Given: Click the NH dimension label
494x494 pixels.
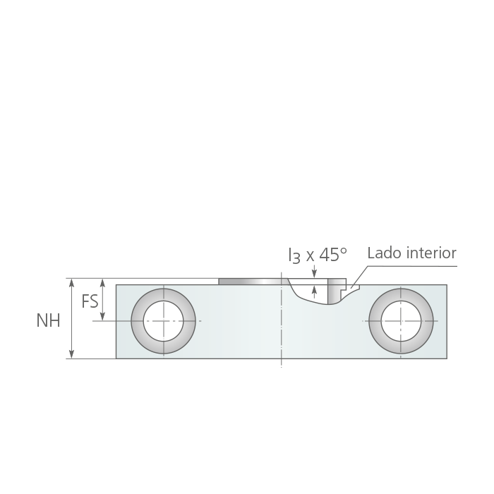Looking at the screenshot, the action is pos(48,320).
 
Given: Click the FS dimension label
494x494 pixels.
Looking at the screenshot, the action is pos(90,301).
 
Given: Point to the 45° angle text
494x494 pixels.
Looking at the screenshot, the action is pos(333,255).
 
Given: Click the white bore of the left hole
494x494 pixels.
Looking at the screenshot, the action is pos(163,321).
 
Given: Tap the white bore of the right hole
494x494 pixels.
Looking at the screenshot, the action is pos(401,321).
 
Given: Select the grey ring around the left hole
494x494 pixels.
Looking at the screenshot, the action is pos(138,321).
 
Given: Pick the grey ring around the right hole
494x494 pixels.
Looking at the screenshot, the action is pos(375,321).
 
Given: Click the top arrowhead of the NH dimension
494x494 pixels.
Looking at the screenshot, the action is pos(71,282).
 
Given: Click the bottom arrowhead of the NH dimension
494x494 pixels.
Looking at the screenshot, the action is pos(71,354).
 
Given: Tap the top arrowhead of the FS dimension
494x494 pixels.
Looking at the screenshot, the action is pos(102,282).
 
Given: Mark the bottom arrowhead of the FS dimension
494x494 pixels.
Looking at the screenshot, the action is pos(102,316).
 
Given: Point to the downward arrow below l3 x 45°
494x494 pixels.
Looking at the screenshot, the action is pos(314,272).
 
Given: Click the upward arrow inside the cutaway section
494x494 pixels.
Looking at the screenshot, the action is pos(314,291).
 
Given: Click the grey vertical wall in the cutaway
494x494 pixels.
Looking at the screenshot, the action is pos(332,291).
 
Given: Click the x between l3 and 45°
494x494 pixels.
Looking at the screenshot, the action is pos(311,257).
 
